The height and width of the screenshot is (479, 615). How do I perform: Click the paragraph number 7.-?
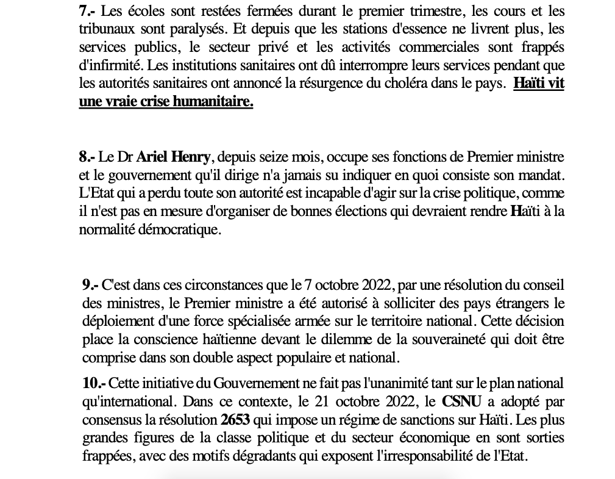[87, 11]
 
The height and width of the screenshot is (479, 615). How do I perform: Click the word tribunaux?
[105, 29]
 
